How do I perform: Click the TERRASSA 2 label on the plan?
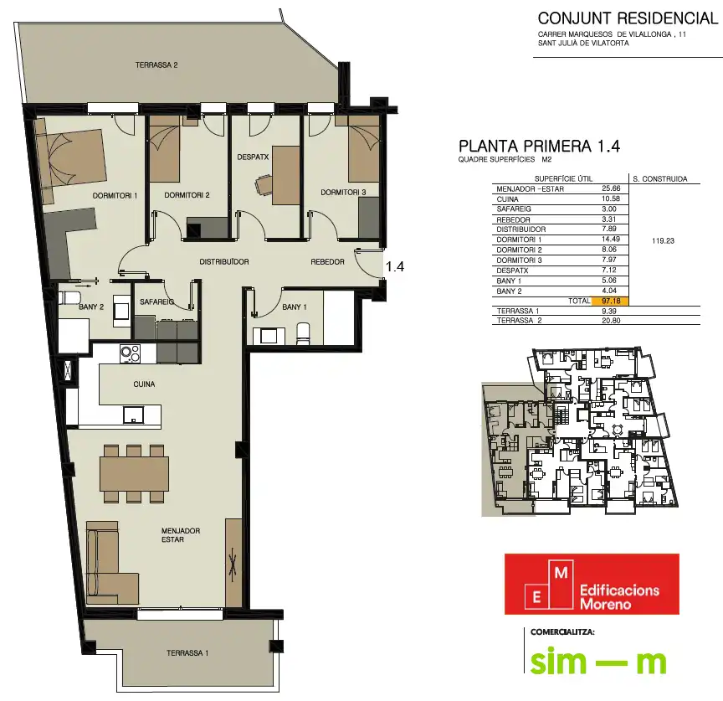156,65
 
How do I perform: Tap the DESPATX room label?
253,157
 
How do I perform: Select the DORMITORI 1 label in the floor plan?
115,196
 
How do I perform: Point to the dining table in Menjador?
134,474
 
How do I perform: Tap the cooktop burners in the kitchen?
130,354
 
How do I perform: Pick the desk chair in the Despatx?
264,186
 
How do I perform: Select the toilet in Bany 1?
303,333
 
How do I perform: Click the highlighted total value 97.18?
611,301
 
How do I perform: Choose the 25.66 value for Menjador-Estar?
611,188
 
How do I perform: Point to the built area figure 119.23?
663,241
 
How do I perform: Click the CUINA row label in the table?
507,199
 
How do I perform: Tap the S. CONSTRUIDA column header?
660,178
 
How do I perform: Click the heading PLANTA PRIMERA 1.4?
539,147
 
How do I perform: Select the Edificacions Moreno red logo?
592,584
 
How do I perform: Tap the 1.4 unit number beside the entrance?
395,266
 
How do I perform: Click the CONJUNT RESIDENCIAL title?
628,18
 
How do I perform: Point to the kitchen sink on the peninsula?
133,415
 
